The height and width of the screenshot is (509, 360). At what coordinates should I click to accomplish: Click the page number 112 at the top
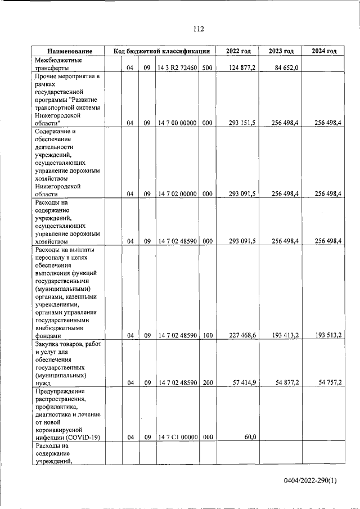197,29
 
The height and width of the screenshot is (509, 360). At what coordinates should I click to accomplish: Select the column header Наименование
69,51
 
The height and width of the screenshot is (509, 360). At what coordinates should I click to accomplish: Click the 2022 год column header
238,51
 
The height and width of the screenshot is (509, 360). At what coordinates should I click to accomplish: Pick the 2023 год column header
281,51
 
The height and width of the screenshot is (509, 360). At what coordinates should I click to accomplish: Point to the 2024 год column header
323,51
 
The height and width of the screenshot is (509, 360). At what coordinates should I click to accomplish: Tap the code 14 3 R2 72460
177,69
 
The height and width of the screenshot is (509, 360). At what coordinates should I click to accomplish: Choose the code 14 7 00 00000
177,123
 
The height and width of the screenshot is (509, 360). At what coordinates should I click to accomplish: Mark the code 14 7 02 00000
177,194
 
